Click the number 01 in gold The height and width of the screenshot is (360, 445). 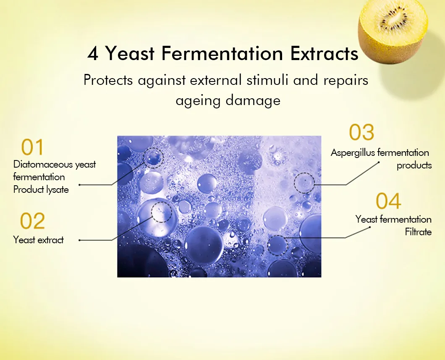pyautogui.click(x=32, y=147)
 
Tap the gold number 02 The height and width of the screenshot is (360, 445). pyautogui.click(x=32, y=221)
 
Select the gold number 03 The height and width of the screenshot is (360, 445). pyautogui.click(x=361, y=132)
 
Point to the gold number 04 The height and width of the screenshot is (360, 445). pyautogui.click(x=388, y=201)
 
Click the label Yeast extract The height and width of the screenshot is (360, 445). pyautogui.click(x=38, y=240)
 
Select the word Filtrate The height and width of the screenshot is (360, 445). pyautogui.click(x=418, y=232)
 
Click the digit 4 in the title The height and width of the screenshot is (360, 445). pyautogui.click(x=93, y=53)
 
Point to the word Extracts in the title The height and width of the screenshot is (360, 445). pyautogui.click(x=324, y=53)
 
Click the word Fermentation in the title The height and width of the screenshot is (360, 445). pyautogui.click(x=222, y=53)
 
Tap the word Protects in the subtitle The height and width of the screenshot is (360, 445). pyautogui.click(x=108, y=80)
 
